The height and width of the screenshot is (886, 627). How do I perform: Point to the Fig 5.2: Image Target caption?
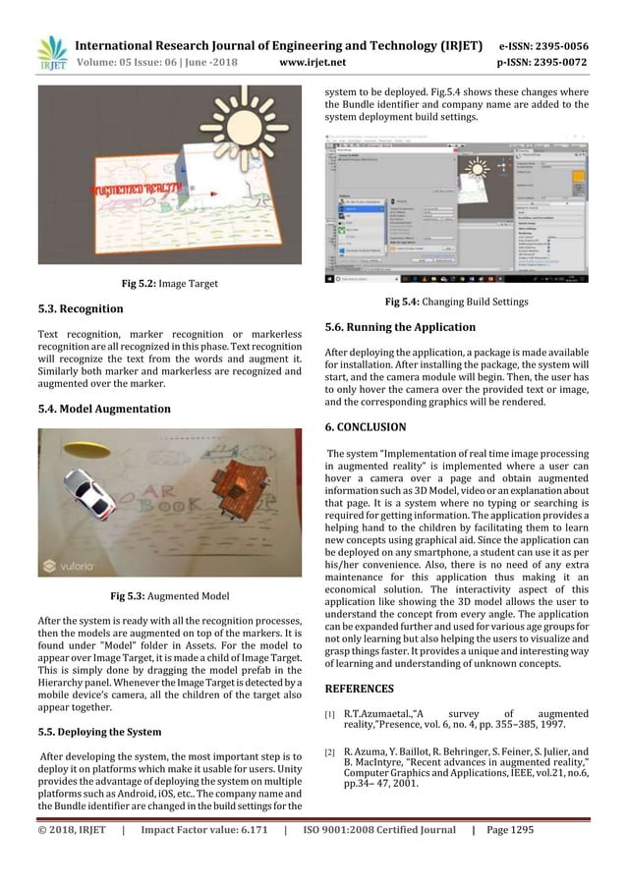(170, 285)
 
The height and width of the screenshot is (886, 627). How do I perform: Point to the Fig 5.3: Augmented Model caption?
(170, 595)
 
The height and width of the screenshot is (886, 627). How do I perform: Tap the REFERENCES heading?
(361, 689)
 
